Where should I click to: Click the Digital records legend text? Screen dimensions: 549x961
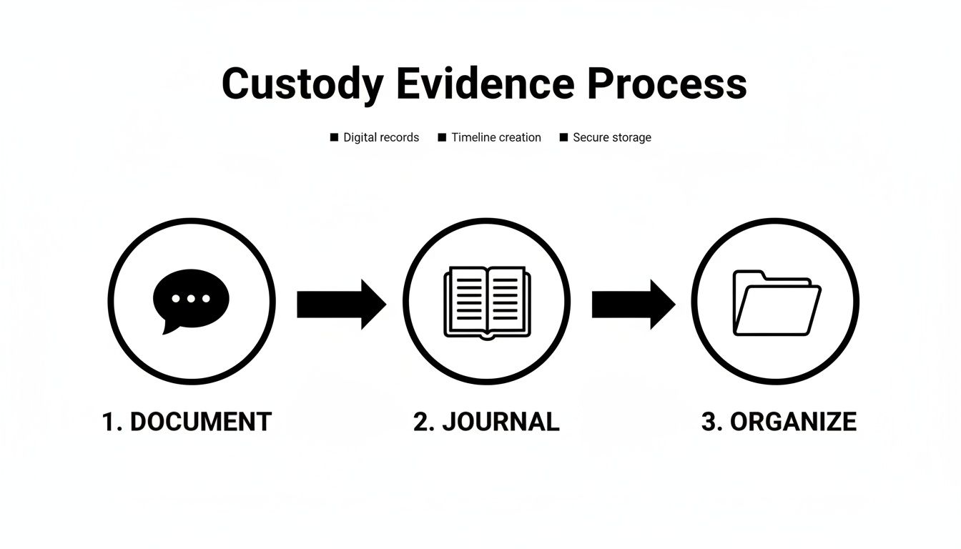381,137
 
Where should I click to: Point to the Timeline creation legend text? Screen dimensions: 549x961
496,137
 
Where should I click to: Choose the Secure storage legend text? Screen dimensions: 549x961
612,137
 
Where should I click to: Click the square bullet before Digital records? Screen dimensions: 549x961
334,137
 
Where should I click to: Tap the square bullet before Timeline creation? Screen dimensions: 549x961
442,137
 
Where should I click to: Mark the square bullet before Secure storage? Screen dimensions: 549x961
563,137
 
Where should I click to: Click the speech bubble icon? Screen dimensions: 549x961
191,300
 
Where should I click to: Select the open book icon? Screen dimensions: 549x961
486,302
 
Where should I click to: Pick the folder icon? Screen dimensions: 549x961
777,302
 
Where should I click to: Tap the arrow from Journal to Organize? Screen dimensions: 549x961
633,304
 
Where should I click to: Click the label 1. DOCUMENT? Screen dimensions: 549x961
187,422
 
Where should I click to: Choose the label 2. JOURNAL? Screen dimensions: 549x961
486,422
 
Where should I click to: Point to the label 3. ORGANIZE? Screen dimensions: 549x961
779,422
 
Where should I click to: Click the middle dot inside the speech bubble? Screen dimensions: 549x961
191,298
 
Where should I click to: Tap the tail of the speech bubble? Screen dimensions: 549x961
169,328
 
